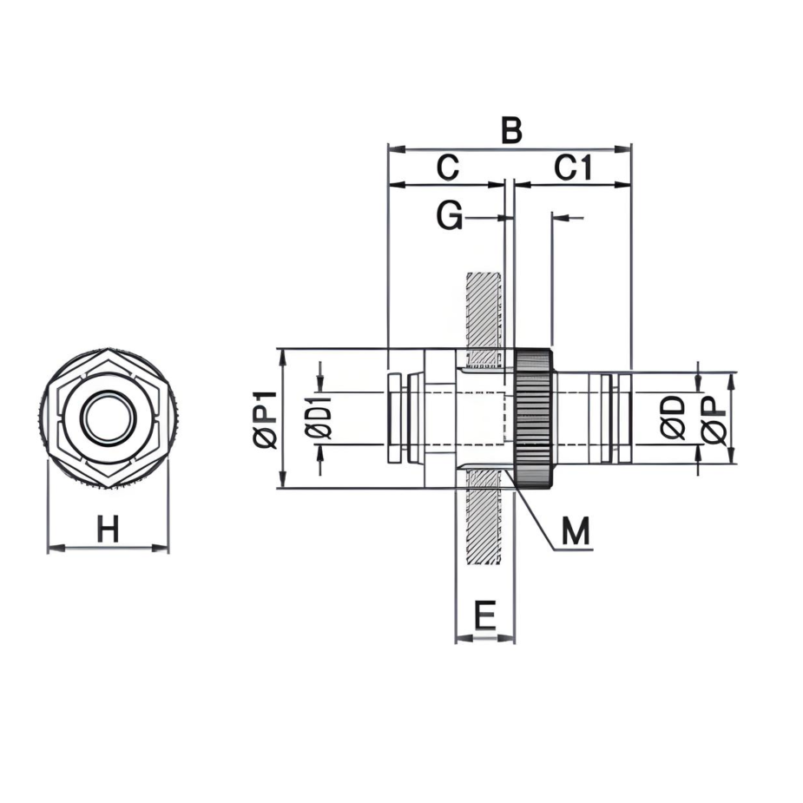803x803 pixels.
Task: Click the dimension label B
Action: pos(512,131)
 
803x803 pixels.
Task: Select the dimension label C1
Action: pos(574,168)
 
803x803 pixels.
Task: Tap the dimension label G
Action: pos(449,217)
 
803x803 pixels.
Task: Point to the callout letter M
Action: pos(575,530)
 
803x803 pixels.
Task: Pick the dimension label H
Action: pos(108,529)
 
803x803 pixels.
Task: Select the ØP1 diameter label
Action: pos(265,419)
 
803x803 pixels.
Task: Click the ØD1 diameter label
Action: pos(319,419)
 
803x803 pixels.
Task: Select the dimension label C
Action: pos(447,168)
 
